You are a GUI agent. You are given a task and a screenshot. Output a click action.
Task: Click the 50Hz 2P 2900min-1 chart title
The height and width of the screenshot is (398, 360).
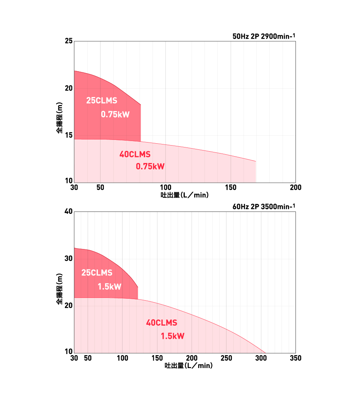tap(264, 37)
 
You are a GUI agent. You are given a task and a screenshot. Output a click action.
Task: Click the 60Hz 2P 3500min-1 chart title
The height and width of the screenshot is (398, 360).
tap(264, 207)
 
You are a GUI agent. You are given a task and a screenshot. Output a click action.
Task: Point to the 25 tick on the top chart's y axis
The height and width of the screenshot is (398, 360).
tap(68, 41)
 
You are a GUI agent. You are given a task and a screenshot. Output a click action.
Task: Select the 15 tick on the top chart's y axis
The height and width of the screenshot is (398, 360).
tap(68, 136)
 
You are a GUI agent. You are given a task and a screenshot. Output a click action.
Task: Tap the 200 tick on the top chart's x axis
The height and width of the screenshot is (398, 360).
tap(296, 188)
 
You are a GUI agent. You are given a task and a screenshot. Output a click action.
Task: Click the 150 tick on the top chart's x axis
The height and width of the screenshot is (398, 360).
tap(231, 188)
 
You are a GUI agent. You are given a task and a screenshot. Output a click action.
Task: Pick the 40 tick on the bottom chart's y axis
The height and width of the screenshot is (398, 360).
tap(68, 212)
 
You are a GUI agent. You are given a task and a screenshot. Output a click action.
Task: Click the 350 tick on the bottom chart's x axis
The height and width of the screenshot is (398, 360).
tap(296, 358)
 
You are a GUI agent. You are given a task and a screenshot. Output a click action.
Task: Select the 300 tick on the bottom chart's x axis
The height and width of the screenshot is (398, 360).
tap(261, 358)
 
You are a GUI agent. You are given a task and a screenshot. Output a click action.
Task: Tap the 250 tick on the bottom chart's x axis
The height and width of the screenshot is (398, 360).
tap(226, 358)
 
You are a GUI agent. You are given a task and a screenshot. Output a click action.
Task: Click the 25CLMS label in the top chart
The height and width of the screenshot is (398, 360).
tap(102, 101)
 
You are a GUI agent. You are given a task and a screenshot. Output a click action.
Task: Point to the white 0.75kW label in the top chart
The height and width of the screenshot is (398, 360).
tap(115, 114)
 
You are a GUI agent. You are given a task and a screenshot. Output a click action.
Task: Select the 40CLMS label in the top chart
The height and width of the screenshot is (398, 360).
tap(135, 154)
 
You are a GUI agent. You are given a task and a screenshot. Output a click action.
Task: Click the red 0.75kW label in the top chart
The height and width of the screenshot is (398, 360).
tap(150, 166)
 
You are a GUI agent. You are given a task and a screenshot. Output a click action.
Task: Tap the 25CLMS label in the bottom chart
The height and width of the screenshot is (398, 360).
tap(97, 273)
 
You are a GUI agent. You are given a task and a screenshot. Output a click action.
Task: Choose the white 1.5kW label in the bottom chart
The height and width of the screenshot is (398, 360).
tap(109, 287)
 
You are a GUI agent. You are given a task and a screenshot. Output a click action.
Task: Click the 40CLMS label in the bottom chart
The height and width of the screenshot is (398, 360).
tap(162, 323)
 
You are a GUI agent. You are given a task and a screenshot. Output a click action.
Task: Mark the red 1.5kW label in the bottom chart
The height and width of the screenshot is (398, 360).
tap(172, 336)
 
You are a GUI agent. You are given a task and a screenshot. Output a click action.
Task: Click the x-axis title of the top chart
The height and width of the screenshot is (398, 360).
tap(185, 195)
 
